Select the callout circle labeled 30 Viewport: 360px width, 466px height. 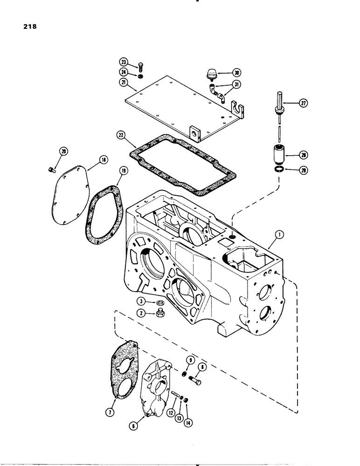point(236,73)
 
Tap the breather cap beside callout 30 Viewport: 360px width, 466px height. point(212,74)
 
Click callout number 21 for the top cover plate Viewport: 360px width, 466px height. point(124,82)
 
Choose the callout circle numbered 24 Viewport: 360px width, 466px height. point(124,72)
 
